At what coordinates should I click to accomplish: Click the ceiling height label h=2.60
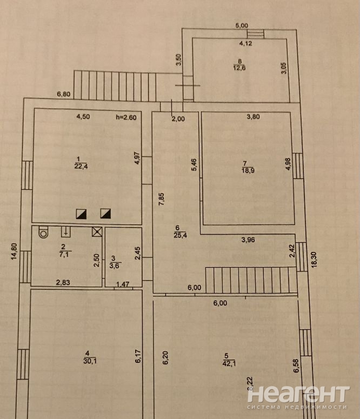tap(126, 117)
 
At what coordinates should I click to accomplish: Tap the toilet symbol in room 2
tap(43, 232)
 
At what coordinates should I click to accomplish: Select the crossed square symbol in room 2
tap(97, 232)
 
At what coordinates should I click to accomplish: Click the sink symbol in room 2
tap(66, 232)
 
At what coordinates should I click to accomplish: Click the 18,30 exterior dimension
tap(314, 260)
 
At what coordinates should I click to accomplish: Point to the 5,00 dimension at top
tap(242, 25)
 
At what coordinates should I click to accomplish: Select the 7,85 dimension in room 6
tap(162, 199)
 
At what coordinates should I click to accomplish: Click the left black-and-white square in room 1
tap(81, 214)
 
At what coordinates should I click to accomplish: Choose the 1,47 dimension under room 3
tap(123, 284)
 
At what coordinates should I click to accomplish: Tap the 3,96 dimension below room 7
tap(248, 240)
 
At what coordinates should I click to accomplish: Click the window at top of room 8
tap(256, 34)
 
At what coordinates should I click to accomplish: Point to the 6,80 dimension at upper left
tap(64, 94)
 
